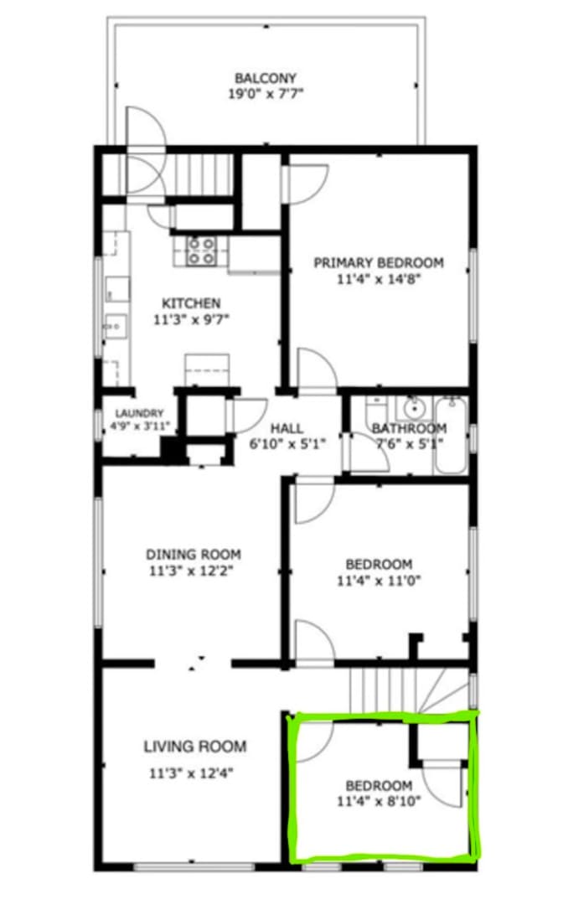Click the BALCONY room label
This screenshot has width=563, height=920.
point(265,78)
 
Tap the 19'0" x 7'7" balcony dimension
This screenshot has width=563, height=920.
point(266,94)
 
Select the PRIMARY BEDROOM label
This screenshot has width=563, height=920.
point(379,262)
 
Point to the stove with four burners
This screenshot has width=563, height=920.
point(200,251)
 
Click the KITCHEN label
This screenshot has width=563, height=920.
point(191,303)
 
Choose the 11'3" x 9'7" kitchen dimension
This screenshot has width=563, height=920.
point(191,320)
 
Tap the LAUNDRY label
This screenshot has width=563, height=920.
point(139,413)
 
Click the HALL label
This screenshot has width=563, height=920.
point(287,428)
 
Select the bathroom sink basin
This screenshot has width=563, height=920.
point(414,406)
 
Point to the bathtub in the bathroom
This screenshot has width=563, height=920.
point(451,436)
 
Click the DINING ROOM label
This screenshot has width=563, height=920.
point(193,554)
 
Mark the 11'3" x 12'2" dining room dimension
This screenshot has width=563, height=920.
point(192,571)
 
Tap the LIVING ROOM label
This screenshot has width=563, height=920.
point(194,747)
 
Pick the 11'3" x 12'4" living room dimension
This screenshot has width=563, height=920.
point(191,773)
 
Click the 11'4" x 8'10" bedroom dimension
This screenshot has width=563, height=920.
point(379,801)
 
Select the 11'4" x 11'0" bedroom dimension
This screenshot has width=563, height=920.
point(379,581)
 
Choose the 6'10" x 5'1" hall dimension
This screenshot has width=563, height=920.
point(287,444)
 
